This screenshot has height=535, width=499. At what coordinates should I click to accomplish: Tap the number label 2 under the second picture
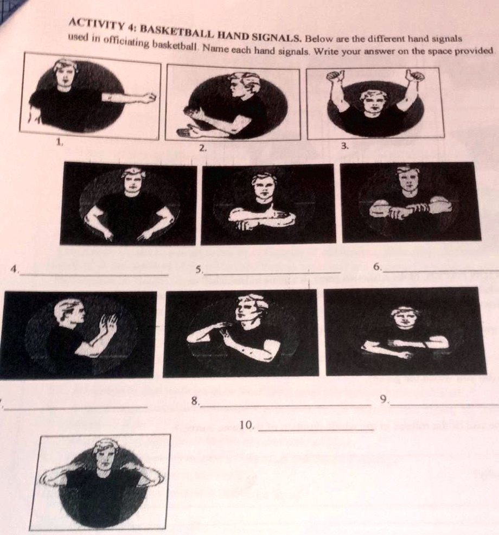(202, 148)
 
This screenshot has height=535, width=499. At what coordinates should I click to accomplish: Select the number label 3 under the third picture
(343, 145)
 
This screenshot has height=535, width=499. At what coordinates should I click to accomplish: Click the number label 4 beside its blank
(17, 267)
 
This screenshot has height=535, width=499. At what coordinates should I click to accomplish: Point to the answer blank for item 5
(271, 271)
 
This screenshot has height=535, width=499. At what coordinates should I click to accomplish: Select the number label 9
(384, 400)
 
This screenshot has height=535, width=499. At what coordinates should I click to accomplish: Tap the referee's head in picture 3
(375, 101)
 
